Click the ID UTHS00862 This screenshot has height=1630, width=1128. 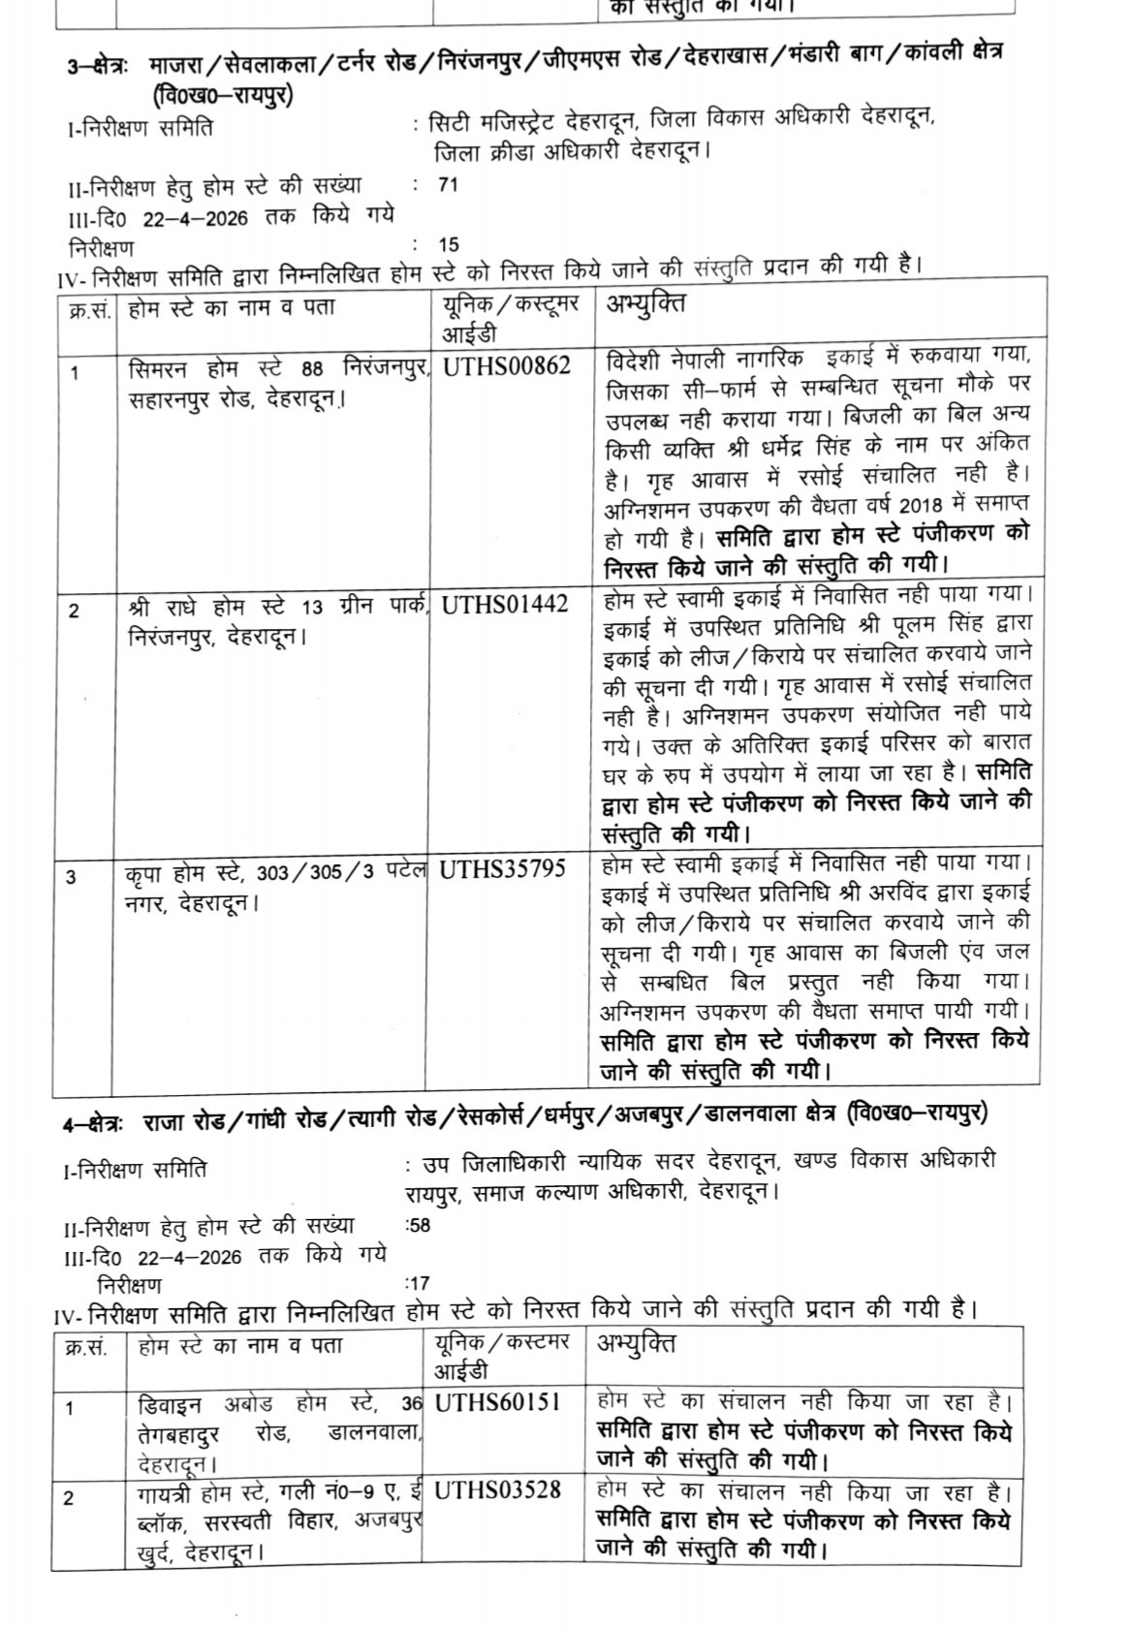[x=506, y=366]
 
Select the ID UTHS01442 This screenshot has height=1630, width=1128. [x=504, y=604]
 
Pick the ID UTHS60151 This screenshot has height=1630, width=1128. [x=498, y=1402]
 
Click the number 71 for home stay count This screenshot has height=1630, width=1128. [x=448, y=184]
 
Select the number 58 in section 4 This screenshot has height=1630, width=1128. [x=420, y=1224]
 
